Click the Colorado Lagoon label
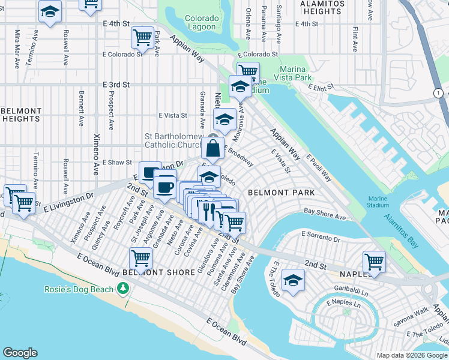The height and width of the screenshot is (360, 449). tap(201, 23)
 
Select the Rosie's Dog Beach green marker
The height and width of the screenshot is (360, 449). tap(124, 289)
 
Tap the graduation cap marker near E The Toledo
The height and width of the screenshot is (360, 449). tap(293, 280)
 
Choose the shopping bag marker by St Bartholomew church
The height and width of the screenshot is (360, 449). tap(212, 147)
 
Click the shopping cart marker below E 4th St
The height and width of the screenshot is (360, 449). tap(142, 38)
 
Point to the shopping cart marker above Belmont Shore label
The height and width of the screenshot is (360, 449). tap(140, 259)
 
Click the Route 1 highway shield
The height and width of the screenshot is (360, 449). tap(439, 93)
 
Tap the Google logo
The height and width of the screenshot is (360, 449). tap(20, 353)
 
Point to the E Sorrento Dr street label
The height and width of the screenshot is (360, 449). tap(321, 239)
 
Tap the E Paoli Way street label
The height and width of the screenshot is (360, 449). tap(319, 167)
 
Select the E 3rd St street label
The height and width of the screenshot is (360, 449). tap(116, 85)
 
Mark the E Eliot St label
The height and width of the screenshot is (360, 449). tap(321, 87)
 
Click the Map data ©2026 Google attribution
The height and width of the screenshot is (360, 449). tap(412, 355)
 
